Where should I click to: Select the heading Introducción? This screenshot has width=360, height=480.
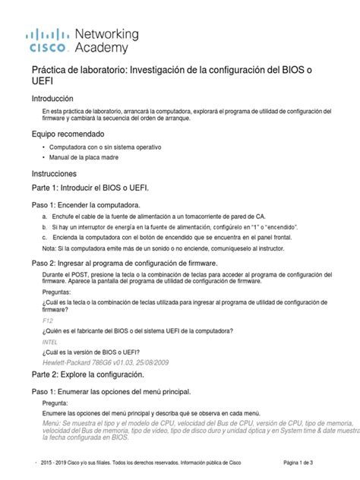[x=52, y=99]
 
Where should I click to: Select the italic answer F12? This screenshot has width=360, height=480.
[x=48, y=321]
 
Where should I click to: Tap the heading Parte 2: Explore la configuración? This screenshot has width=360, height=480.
[x=96, y=374]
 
